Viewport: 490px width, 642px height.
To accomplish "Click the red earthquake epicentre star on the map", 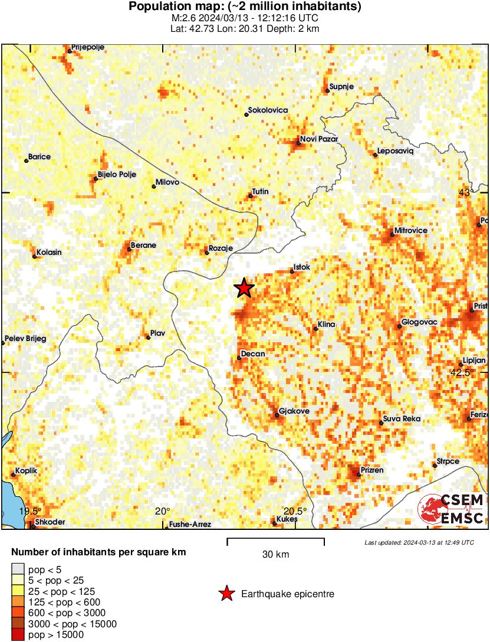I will [x=244, y=288].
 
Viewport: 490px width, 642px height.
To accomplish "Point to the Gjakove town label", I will [x=293, y=411].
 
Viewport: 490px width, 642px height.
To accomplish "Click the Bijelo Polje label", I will [x=117, y=175].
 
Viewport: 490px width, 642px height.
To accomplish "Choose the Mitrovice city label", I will [x=411, y=230].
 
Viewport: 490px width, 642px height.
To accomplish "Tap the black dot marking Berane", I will [x=129, y=249].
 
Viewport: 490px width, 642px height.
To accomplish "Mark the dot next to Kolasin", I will [x=34, y=256].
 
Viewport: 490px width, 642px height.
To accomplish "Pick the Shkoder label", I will [x=47, y=522].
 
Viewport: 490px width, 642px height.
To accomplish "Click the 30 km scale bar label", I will [x=275, y=554].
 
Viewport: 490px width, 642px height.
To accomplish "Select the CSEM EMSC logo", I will [x=451, y=509].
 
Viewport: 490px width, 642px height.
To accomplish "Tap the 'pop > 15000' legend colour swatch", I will [x=18, y=635].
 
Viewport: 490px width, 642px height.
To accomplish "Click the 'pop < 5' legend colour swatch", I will [x=18, y=569].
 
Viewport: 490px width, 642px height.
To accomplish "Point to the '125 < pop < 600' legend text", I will [x=62, y=602].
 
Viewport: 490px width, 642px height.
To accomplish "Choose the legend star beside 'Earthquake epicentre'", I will [x=226, y=594].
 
